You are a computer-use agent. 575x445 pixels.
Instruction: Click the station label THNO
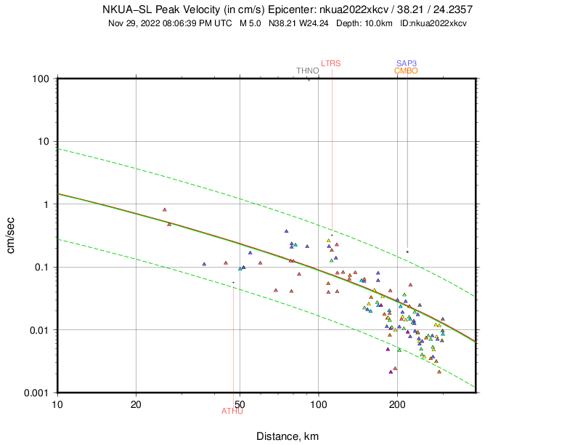coord(307,71)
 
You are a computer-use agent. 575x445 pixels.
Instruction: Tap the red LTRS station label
coord(331,63)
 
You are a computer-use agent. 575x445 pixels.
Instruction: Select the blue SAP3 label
coord(407,63)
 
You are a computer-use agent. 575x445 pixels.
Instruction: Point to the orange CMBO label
coord(407,71)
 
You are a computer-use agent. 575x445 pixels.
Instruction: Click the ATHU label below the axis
coord(232,412)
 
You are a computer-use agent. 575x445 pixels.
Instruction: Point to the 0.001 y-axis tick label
coord(35,393)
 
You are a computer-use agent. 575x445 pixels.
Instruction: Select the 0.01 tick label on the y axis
coord(38,330)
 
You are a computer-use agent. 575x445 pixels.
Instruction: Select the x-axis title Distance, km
coord(287,436)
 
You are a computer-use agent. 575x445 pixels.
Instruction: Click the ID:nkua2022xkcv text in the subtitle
coord(433,23)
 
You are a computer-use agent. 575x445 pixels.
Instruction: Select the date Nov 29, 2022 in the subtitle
coord(134,23)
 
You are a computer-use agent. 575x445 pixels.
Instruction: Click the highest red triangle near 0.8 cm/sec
coord(165,209)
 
